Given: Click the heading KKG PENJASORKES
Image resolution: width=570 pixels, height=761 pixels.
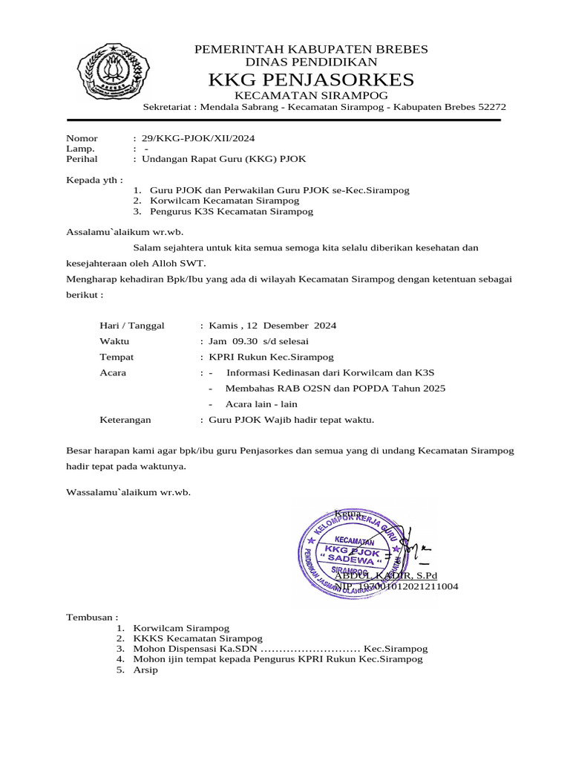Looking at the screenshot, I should [x=311, y=80].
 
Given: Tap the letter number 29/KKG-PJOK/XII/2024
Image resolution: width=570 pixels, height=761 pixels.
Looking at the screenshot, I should [x=198, y=138].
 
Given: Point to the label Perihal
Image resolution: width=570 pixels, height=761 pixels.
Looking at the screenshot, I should [x=82, y=159].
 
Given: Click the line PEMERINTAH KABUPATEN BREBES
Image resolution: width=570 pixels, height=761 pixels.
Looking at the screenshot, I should [x=311, y=49].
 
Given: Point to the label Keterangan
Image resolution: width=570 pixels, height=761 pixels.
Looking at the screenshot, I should [x=125, y=420].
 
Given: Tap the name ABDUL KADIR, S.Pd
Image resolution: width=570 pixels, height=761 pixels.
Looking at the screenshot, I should [x=386, y=576].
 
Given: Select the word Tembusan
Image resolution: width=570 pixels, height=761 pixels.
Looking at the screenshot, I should [x=92, y=618].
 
